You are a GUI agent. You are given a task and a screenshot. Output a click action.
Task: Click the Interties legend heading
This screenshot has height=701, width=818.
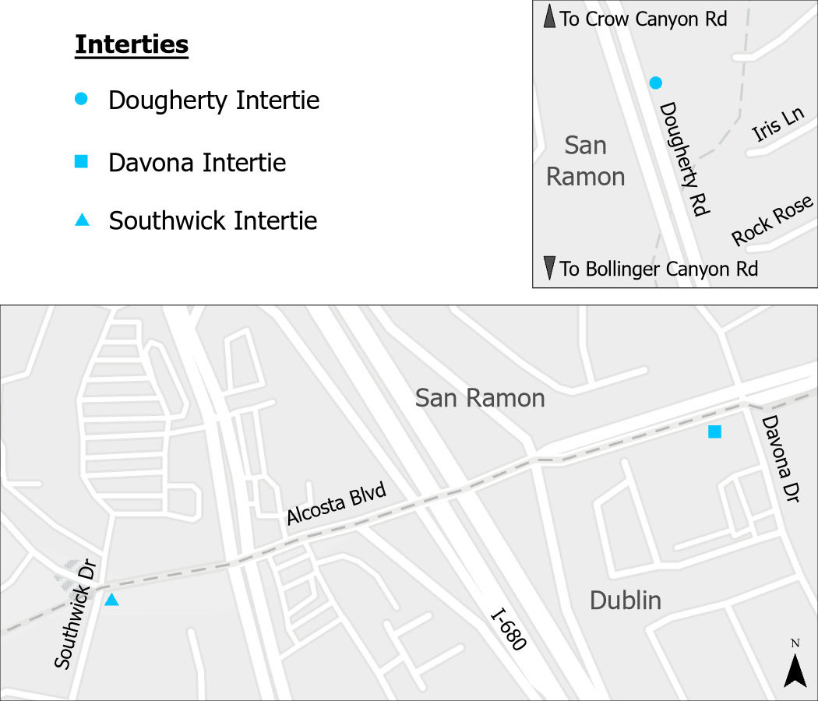click(x=132, y=45)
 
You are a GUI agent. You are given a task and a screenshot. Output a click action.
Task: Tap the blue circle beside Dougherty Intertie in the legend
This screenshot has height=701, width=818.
click(x=81, y=99)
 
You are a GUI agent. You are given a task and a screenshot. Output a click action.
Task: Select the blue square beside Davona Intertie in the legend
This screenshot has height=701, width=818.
click(x=81, y=162)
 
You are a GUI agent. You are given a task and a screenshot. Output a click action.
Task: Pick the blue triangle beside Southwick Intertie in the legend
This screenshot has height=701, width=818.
click(x=81, y=220)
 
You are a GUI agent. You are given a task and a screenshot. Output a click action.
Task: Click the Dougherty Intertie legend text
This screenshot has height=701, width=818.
click(x=213, y=100)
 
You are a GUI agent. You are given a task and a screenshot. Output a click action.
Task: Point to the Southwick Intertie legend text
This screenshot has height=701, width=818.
click(x=213, y=221)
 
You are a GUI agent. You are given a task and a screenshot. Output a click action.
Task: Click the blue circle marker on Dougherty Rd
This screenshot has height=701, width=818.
click(x=656, y=83)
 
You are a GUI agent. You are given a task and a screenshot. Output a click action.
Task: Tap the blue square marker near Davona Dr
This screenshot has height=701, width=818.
click(x=714, y=432)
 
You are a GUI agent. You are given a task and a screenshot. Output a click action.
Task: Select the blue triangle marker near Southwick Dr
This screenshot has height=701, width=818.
click(x=111, y=600)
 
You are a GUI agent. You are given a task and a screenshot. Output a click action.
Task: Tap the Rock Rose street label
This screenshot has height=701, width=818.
click(x=772, y=222)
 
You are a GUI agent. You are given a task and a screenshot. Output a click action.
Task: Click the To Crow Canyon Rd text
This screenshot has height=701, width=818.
click(x=643, y=19)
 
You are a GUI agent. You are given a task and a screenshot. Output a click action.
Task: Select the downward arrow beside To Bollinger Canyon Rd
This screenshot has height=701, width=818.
click(x=550, y=268)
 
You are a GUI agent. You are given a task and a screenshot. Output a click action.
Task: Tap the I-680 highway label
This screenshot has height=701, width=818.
click(x=509, y=630)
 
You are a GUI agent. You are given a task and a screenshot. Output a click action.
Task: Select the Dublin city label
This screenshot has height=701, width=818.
click(x=625, y=601)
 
